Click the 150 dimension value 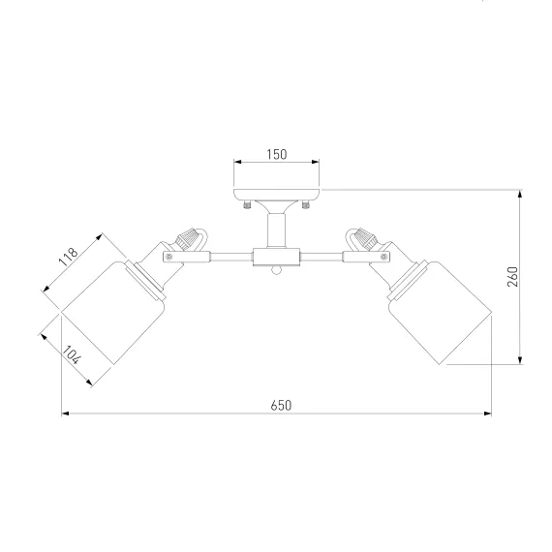pos(277,155)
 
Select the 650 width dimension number pos(281,406)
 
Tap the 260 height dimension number pos(513,277)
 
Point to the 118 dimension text pos(68,257)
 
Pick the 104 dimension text pos(72,354)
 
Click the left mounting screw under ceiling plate pos(248,203)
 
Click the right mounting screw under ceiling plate pos(306,203)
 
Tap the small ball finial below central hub pos(276,270)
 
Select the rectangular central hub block pos(276,257)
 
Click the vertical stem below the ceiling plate pos(276,230)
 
